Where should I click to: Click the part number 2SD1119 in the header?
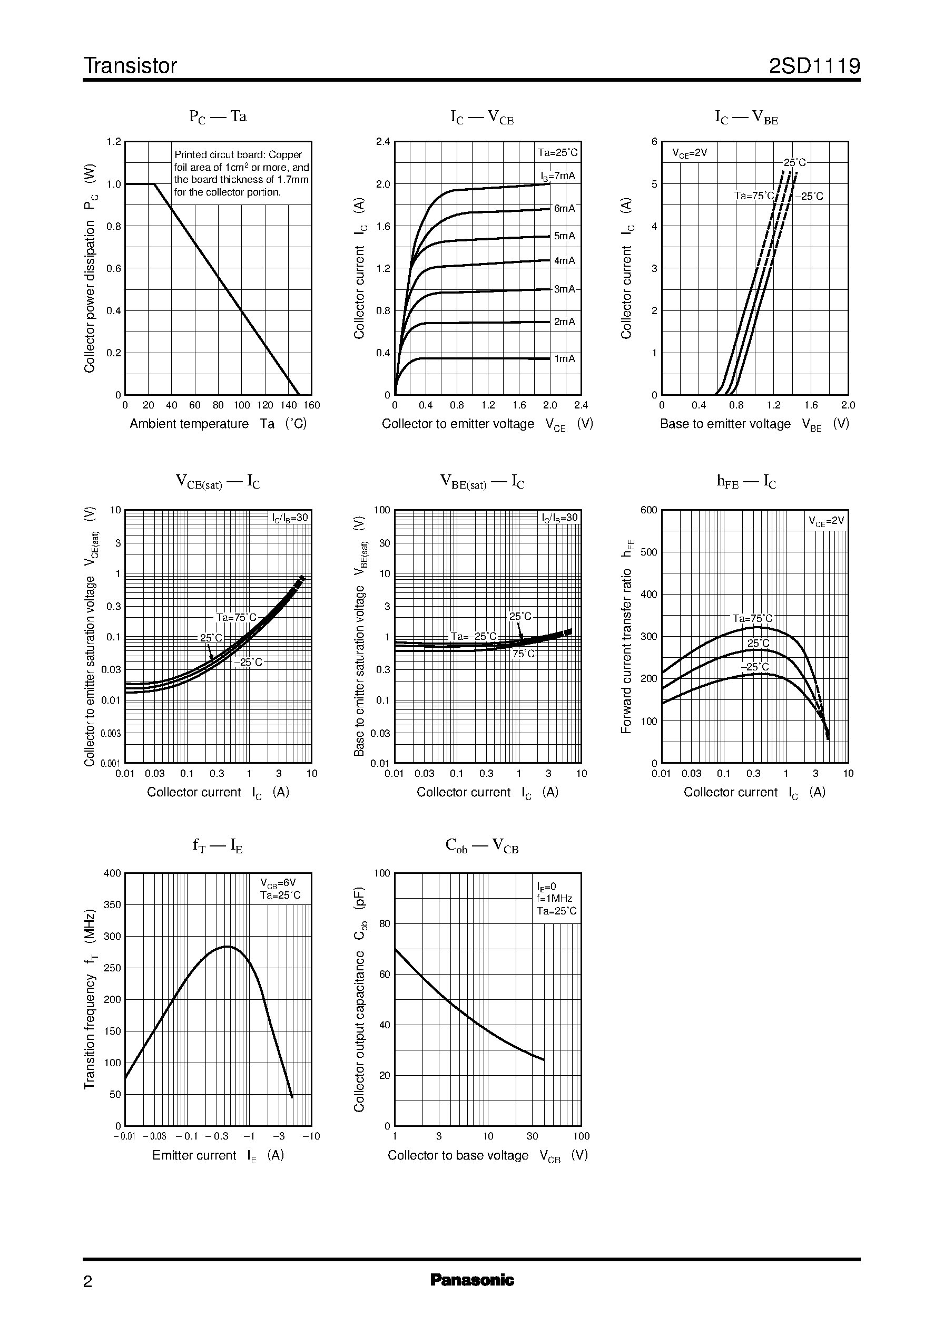[814, 66]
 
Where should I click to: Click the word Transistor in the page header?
[130, 66]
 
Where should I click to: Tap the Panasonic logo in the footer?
[472, 1280]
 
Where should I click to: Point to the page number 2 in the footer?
[88, 1281]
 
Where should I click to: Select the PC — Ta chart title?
[218, 117]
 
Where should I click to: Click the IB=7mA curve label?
[558, 176]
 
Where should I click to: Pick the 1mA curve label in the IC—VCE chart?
[564, 359]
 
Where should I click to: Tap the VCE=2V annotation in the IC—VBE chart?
[690, 153]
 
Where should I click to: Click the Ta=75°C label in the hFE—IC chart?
[752, 619]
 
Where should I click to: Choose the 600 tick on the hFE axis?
[648, 510]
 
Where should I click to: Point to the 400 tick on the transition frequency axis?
[112, 873]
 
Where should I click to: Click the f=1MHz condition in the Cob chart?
[555, 899]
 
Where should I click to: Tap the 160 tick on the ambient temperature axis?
[311, 405]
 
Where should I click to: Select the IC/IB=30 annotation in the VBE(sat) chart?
[560, 518]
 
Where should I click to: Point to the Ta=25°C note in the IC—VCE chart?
[557, 153]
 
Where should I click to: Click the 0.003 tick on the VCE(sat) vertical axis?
[111, 733]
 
